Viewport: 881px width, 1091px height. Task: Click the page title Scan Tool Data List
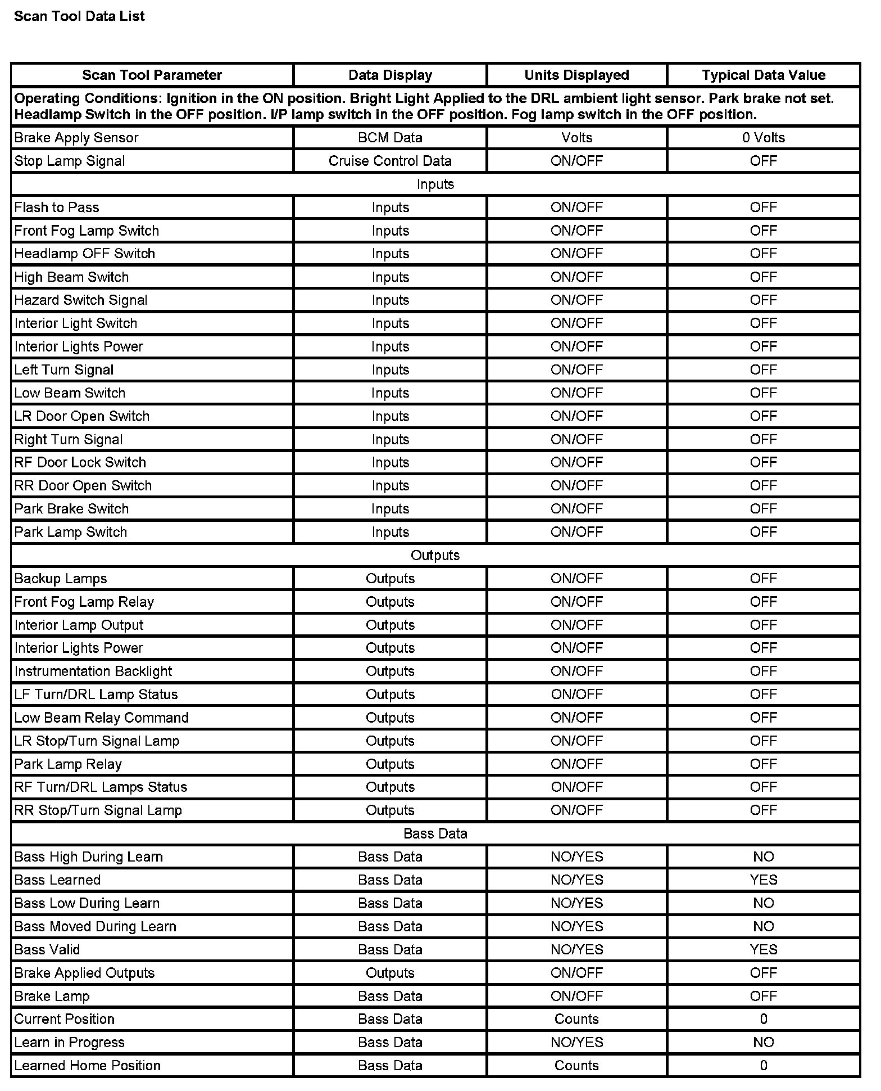coord(79,16)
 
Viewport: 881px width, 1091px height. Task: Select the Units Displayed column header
coord(576,75)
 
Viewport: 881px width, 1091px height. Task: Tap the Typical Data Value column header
coord(763,75)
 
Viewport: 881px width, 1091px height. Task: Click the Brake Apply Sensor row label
coord(76,138)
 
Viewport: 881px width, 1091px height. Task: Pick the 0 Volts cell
coord(763,138)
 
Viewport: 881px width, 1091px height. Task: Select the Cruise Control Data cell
coord(390,161)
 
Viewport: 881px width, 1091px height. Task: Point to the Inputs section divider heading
coord(435,184)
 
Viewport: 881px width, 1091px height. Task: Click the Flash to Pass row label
coord(57,208)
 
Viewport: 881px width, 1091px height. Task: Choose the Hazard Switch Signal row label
coord(81,300)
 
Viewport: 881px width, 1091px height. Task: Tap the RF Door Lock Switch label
coord(80,462)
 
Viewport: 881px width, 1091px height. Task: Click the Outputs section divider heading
coord(435,556)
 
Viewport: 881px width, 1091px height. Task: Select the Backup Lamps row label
coord(61,579)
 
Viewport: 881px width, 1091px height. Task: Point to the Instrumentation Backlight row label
coord(93,671)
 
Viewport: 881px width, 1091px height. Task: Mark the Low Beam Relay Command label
coord(102,718)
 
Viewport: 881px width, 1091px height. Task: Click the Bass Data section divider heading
coord(435,833)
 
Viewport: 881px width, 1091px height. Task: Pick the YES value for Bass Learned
coord(763,880)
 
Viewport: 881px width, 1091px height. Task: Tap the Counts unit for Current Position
coord(576,1019)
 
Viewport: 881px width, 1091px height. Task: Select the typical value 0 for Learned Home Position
coord(763,1065)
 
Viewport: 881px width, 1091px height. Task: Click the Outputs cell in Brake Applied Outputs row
coord(390,973)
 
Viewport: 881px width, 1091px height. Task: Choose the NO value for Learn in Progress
coord(763,1042)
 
